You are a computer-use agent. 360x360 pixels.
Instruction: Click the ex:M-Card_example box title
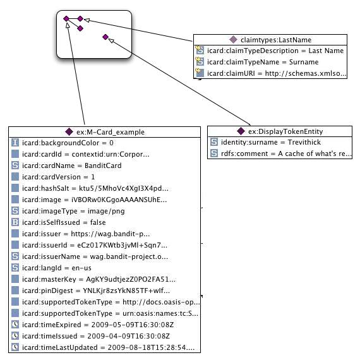tap(111, 132)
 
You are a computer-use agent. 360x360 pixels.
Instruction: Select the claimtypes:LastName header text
tap(276, 40)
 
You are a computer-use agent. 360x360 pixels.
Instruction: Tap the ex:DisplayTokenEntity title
tap(285, 131)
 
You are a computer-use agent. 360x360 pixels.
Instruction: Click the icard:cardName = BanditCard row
tap(71, 165)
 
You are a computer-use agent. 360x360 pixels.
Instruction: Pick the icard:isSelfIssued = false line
tap(64, 222)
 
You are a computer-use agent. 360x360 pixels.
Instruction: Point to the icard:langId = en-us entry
tap(56, 268)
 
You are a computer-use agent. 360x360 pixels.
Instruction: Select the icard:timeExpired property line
tap(98, 325)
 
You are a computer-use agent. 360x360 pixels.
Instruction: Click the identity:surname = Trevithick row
tap(271, 142)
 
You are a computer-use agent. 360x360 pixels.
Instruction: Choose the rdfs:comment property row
tap(286, 153)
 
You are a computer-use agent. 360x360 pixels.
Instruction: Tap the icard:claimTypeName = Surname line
tap(263, 62)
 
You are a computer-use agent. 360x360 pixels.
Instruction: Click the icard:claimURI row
tap(277, 73)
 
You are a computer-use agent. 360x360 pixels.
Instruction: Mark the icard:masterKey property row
tap(99, 279)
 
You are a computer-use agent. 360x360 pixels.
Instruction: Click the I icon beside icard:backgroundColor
tap(15, 143)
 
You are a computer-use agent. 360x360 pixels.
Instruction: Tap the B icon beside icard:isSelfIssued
tap(15, 222)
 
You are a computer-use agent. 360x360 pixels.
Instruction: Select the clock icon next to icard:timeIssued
tap(15, 336)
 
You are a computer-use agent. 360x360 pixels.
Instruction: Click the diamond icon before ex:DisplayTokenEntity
tap(241, 131)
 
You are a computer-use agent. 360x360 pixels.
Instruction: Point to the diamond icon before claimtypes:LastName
tap(233, 40)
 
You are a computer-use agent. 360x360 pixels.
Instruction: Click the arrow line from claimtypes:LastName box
tap(138, 30)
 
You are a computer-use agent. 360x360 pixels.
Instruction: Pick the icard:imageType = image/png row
tap(73, 211)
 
